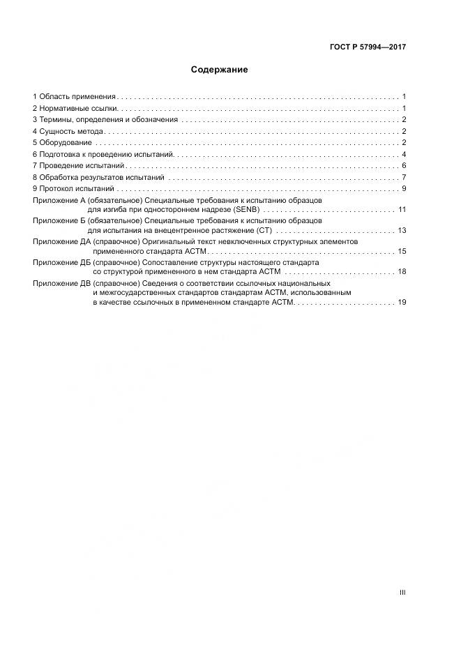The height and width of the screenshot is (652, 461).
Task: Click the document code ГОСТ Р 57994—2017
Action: click(368, 47)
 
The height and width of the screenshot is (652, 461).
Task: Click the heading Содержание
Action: click(220, 70)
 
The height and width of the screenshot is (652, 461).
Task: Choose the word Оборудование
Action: click(66, 143)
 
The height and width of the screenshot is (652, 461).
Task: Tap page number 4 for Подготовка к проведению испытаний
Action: click(404, 154)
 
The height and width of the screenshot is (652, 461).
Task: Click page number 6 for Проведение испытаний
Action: click(404, 166)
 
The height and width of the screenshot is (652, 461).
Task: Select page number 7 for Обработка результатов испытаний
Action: click(404, 177)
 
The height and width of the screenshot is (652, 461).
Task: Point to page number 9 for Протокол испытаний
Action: click(404, 189)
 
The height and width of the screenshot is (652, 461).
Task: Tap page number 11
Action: click(402, 209)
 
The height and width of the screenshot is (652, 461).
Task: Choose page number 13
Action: click(402, 230)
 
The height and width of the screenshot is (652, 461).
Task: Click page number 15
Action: click(402, 251)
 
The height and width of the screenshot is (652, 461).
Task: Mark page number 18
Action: click(402, 271)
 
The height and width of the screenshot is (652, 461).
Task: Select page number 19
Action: click(402, 303)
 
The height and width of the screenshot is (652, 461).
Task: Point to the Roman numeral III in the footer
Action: click(402, 593)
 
